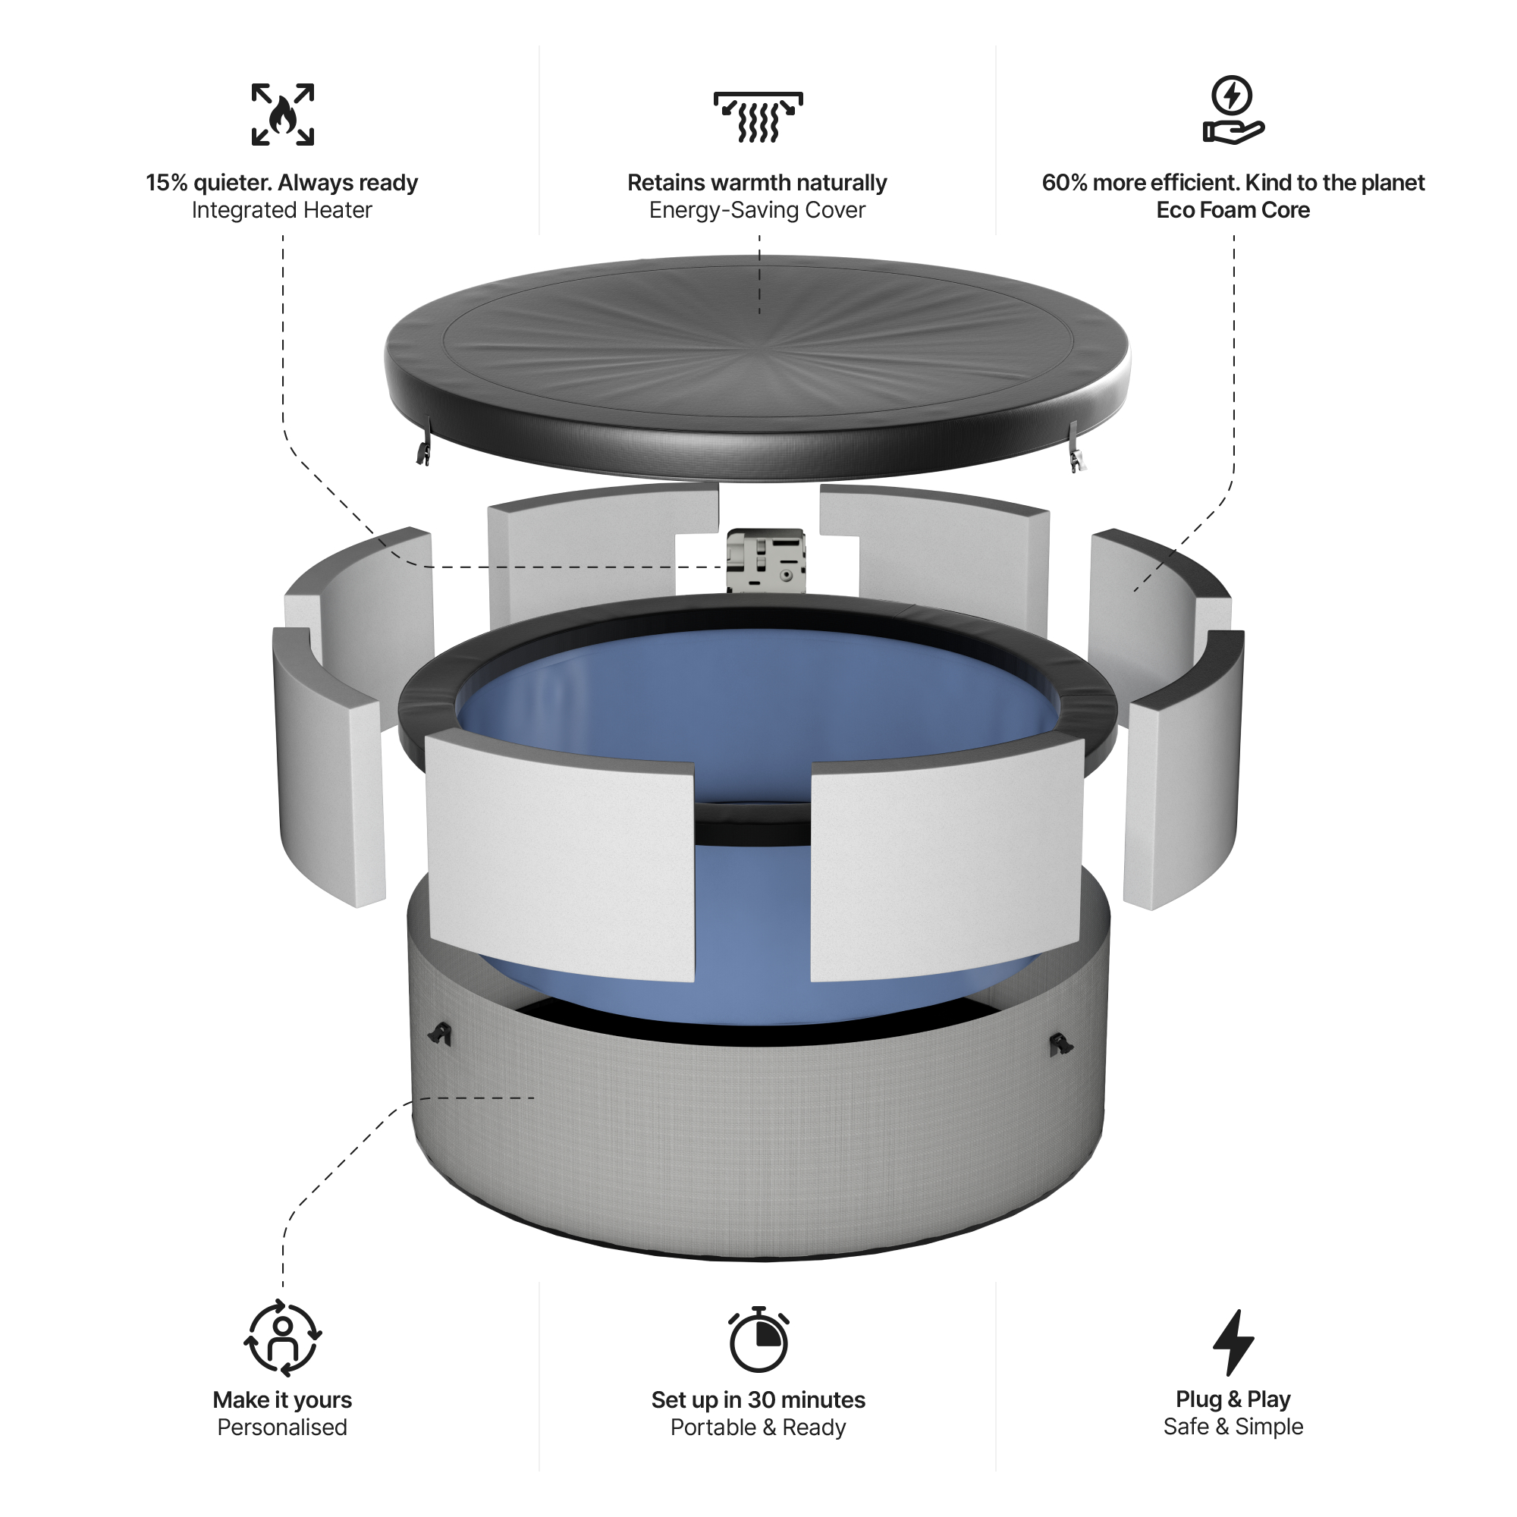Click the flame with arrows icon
(x=283, y=115)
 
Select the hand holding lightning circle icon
(x=1233, y=111)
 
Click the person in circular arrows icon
(x=283, y=1339)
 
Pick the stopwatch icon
(x=758, y=1340)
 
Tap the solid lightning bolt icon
(x=1233, y=1342)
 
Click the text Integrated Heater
(x=282, y=210)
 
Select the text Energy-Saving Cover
(x=757, y=210)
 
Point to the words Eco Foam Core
(x=1233, y=210)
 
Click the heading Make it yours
(x=282, y=1400)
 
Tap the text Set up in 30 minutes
(x=758, y=1400)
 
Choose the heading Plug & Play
(x=1233, y=1399)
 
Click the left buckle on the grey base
(x=441, y=1035)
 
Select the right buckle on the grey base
(x=1061, y=1044)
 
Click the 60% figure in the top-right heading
(x=1065, y=183)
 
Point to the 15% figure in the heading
(x=166, y=183)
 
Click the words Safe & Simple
(x=1233, y=1427)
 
